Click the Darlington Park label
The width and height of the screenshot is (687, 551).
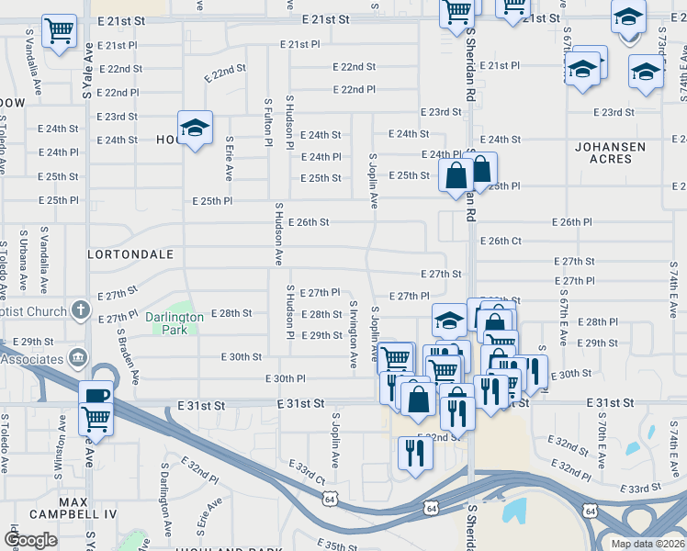(175, 322)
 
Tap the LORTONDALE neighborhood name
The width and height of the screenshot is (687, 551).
(130, 252)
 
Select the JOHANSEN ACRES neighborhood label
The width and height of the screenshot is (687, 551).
(616, 152)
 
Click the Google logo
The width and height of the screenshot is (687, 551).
(31, 539)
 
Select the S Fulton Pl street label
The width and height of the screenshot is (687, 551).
(268, 123)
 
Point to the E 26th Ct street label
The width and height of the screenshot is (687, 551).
(501, 241)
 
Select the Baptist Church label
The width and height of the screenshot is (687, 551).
(33, 312)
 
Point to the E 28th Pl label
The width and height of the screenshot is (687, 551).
(601, 322)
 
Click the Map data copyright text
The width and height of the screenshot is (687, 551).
(648, 544)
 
